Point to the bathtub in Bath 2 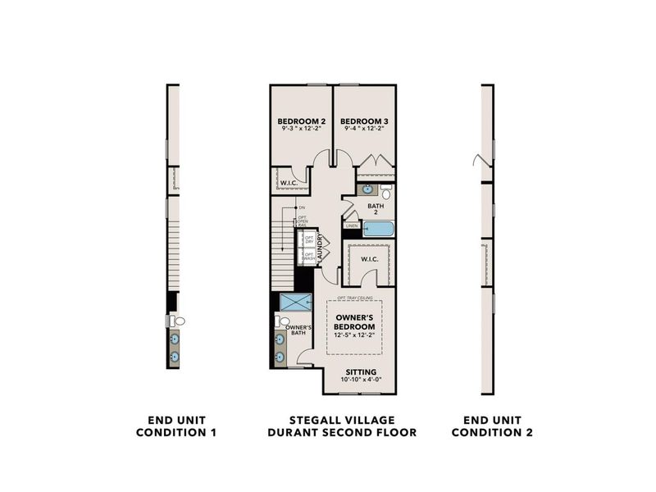pos(378,228)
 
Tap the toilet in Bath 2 pos(386,193)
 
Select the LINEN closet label pos(351,225)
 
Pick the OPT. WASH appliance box pos(309,257)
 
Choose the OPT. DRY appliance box pos(309,239)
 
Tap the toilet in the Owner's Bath pos(280,321)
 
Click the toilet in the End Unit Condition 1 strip pos(179,321)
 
